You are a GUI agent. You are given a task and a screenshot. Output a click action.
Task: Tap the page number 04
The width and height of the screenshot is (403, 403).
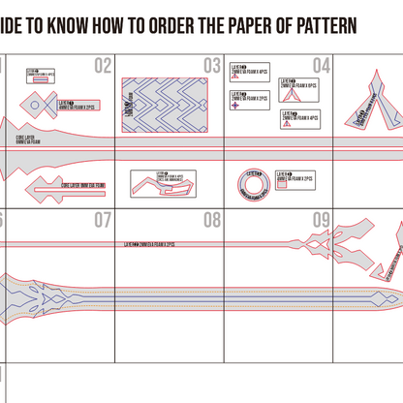(x=322, y=66)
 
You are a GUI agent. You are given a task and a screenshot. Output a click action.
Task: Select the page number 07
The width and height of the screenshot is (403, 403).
(x=104, y=221)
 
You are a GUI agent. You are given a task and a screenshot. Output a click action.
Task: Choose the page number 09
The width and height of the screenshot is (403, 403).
(x=322, y=221)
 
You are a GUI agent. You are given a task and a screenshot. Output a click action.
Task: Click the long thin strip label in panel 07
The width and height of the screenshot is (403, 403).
(x=155, y=245)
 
